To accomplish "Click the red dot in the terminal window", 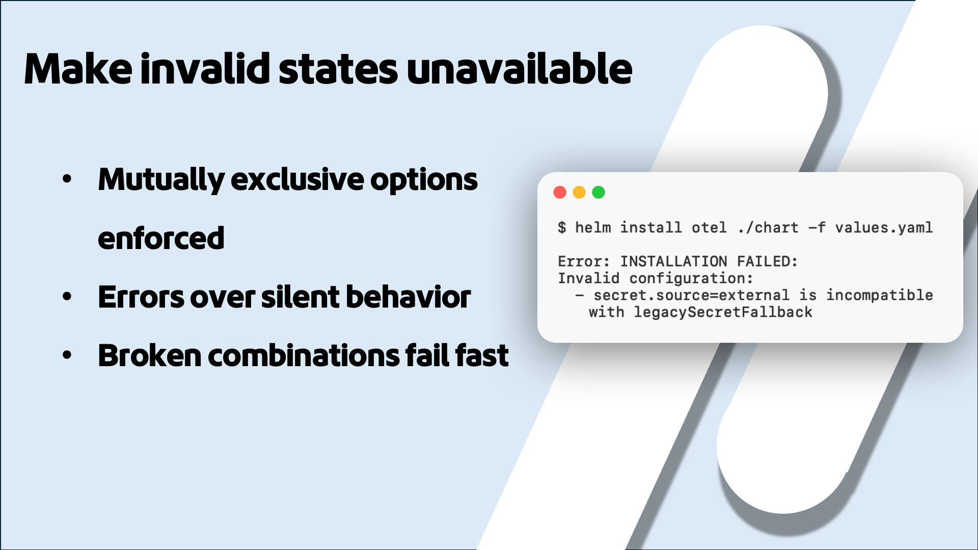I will coord(560,193).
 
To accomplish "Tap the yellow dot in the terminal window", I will coord(579,193).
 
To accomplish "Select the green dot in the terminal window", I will coord(599,193).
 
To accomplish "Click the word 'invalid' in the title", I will coord(205,69).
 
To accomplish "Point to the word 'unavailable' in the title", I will coord(519,69).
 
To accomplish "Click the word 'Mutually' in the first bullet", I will coord(161,180).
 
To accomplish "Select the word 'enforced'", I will coord(161,238).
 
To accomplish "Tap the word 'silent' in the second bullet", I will coord(300,297).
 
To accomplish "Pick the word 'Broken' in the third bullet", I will coord(150,355).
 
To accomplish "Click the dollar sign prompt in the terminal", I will coord(561,228).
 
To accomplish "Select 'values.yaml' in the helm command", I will coord(884,228).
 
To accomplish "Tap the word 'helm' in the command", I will coord(593,228).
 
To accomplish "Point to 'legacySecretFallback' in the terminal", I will coord(723,312).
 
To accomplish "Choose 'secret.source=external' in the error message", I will coord(691,295).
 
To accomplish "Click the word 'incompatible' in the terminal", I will coord(879,295).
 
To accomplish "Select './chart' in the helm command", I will coord(768,228).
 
